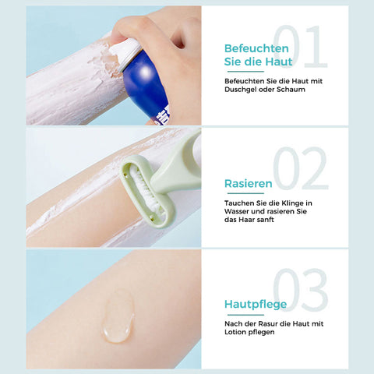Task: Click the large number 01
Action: (x=300, y=47)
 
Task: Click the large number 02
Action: (x=301, y=168)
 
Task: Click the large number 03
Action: (x=301, y=290)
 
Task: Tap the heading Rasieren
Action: (x=249, y=184)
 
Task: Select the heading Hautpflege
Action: (x=256, y=305)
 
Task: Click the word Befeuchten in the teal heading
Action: (x=256, y=48)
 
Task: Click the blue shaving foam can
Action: (x=146, y=86)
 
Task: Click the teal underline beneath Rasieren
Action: (x=245, y=193)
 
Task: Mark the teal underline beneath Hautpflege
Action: (x=245, y=315)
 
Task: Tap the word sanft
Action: (x=265, y=220)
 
